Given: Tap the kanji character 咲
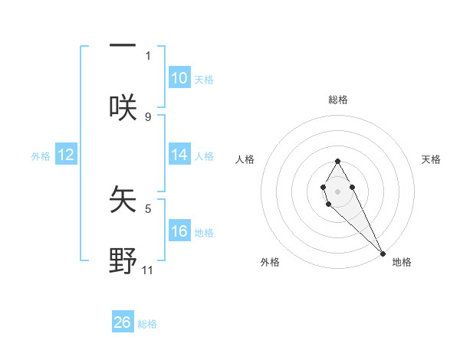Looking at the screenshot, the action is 123,106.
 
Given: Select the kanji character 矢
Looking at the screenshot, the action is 123,201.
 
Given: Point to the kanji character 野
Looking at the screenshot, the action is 123,260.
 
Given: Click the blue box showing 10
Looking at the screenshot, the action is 179,78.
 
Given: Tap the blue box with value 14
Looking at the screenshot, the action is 179,155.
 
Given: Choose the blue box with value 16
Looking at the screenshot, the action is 179,231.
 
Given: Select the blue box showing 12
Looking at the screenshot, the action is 66,155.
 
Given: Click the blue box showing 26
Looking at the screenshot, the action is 123,322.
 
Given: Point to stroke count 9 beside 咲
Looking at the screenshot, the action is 148,117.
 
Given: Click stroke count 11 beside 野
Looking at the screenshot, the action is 148,270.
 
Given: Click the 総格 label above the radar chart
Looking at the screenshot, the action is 338,100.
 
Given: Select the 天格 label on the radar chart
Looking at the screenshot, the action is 431,159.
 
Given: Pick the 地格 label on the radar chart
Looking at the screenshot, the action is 402,262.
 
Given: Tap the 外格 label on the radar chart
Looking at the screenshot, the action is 270,262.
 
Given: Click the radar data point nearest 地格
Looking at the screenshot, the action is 383,254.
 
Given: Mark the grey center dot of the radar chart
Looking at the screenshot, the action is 337,190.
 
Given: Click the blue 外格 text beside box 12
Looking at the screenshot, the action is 41,156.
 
